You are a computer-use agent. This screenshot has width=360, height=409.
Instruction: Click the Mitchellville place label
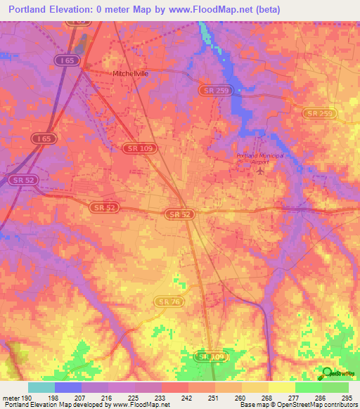pyautogui.click(x=131, y=73)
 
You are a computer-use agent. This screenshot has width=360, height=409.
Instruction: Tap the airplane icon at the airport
pyautogui.click(x=262, y=170)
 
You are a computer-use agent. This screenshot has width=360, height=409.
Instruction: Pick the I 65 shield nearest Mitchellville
pyautogui.click(x=67, y=61)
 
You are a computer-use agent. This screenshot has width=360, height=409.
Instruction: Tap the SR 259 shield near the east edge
pyautogui.click(x=319, y=113)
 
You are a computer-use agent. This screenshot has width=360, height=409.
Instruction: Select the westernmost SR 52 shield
pyautogui.click(x=24, y=180)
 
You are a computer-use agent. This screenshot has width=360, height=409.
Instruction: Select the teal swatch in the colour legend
pyautogui.click(x=41, y=387)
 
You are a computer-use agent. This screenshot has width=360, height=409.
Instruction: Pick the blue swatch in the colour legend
pyautogui.click(x=68, y=387)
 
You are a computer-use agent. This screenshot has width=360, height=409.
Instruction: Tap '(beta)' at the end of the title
pyautogui.click(x=264, y=9)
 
